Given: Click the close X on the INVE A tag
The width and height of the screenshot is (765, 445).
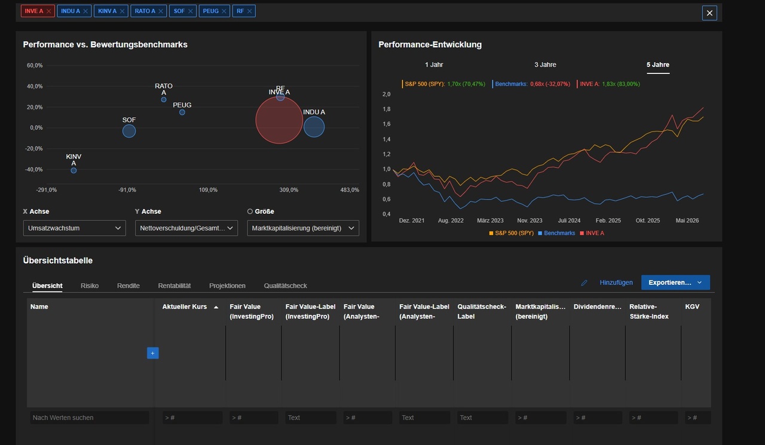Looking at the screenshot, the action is tap(48, 11).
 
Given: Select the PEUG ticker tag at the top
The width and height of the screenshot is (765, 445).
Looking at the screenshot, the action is tap(214, 11).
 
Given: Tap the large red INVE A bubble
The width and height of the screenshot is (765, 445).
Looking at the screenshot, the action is tap(279, 120).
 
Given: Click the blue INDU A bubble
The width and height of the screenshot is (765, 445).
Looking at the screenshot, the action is tap(314, 127).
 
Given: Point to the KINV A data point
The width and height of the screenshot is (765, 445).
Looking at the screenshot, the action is tap(74, 170).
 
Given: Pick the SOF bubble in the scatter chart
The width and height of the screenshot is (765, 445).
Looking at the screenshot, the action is tap(128, 131).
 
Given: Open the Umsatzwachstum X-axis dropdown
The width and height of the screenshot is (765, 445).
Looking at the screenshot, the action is tap(75, 228).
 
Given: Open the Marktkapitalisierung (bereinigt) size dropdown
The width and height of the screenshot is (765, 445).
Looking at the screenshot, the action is tap(303, 228).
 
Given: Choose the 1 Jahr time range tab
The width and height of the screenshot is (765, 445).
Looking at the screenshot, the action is tap(434, 65).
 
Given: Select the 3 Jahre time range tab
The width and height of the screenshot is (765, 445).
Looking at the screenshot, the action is tap(545, 65).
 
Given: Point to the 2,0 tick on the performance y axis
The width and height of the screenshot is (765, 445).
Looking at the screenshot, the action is tap(386, 94).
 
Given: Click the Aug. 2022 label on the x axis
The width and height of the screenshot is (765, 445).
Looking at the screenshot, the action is tap(451, 220).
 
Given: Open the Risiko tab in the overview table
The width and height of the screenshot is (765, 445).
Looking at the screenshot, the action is tap(90, 286).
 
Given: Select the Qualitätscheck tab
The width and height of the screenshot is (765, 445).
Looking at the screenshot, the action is tap(285, 286).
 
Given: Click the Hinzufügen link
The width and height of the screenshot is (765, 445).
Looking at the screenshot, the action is tap(616, 283).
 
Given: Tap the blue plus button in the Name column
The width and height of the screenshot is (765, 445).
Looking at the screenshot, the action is tap(152, 353).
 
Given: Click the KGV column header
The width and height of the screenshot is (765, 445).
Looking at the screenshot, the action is tap(692, 306).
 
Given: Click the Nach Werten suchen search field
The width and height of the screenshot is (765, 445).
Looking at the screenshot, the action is tap(90, 418).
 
